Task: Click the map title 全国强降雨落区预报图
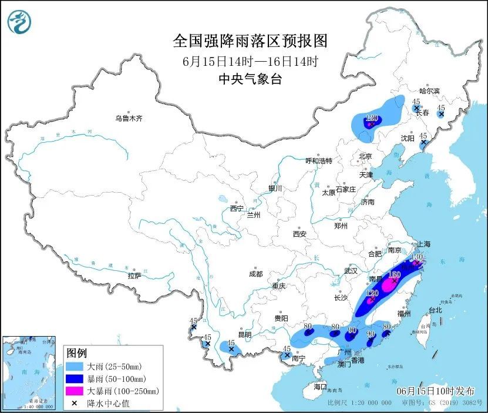(x=250, y=41)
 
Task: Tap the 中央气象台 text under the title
(x=250, y=79)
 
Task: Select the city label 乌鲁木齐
(x=129, y=119)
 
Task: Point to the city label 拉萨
(x=134, y=275)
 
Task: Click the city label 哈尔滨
(x=429, y=91)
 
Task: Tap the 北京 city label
(x=365, y=156)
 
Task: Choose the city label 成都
(x=255, y=274)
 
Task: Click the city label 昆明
(x=244, y=335)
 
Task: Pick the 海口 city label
(x=319, y=387)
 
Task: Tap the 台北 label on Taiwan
(x=435, y=310)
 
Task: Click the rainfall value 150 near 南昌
(x=395, y=274)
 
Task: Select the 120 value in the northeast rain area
(x=371, y=118)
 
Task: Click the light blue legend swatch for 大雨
(x=74, y=366)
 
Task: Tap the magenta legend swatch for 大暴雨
(x=74, y=391)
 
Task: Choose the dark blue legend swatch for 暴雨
(x=74, y=378)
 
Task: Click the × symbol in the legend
(x=74, y=403)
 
